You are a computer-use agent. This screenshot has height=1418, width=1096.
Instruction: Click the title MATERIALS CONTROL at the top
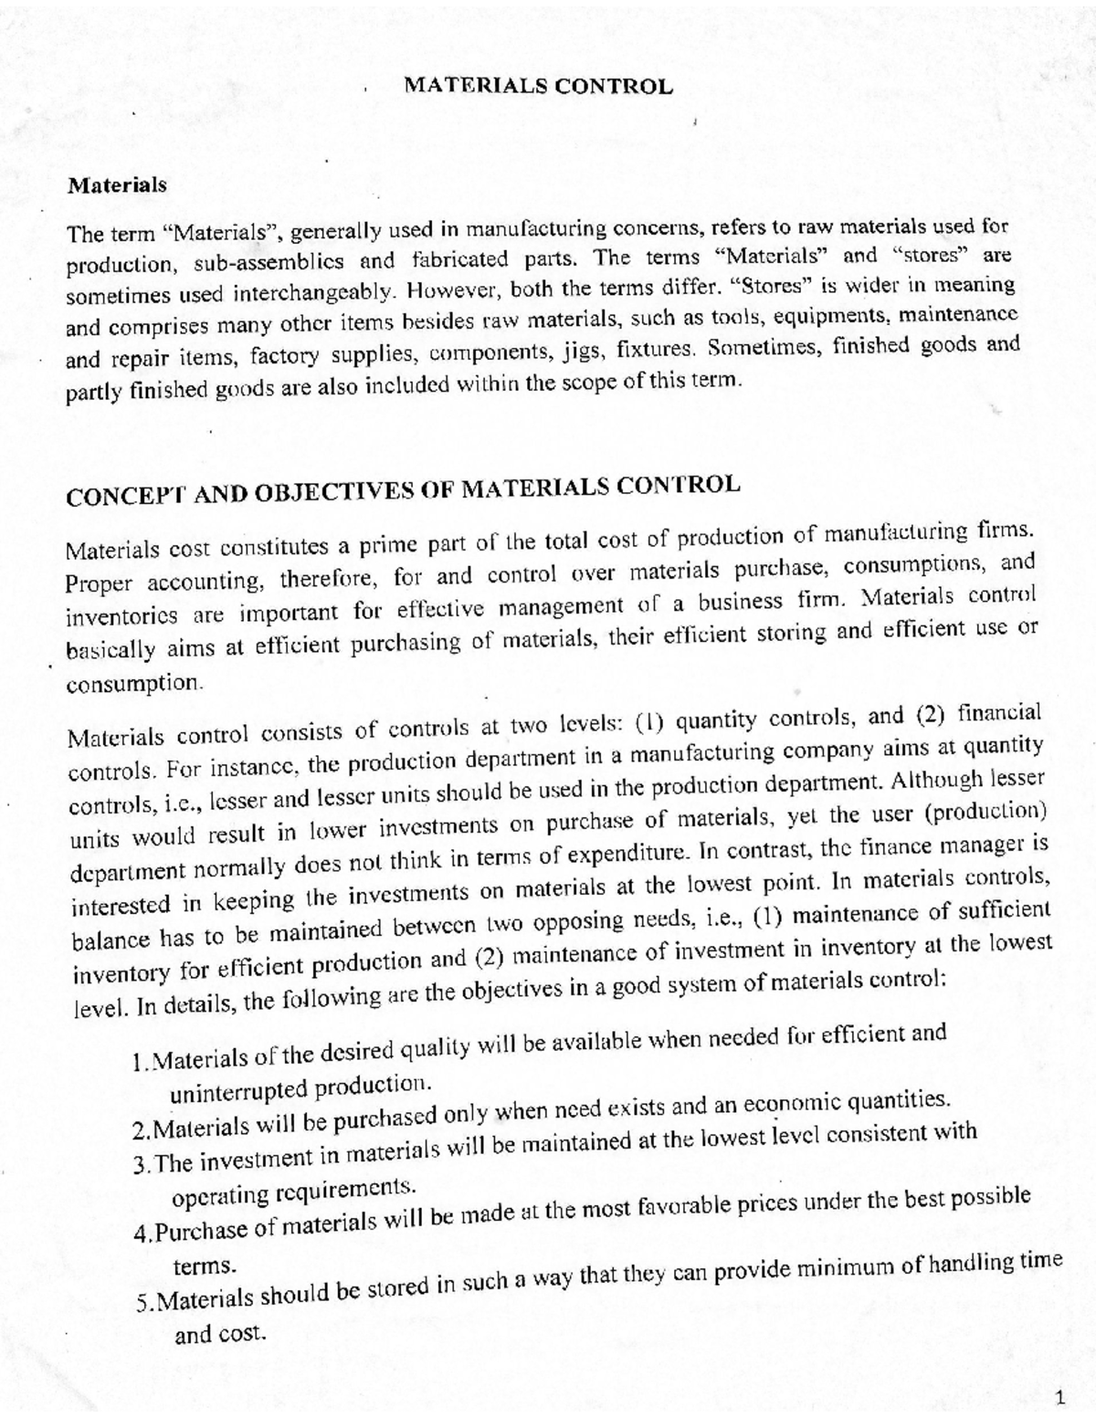(538, 87)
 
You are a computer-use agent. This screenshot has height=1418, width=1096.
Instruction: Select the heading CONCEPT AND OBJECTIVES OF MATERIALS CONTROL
(402, 490)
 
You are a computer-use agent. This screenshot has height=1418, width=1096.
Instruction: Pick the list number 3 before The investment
(139, 1167)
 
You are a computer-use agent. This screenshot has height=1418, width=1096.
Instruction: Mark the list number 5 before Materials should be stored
(142, 1303)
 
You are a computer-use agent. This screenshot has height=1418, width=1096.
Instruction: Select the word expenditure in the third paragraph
(625, 856)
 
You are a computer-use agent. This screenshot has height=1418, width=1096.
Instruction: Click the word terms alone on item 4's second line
(203, 1267)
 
